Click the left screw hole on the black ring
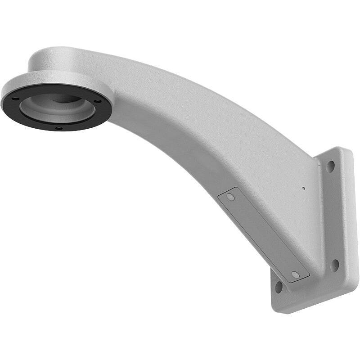[15, 99]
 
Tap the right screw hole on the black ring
[97, 101]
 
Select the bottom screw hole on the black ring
[58, 128]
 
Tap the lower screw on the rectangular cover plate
[295, 274]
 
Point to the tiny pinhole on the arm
[304, 188]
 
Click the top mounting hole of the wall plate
[330, 166]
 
